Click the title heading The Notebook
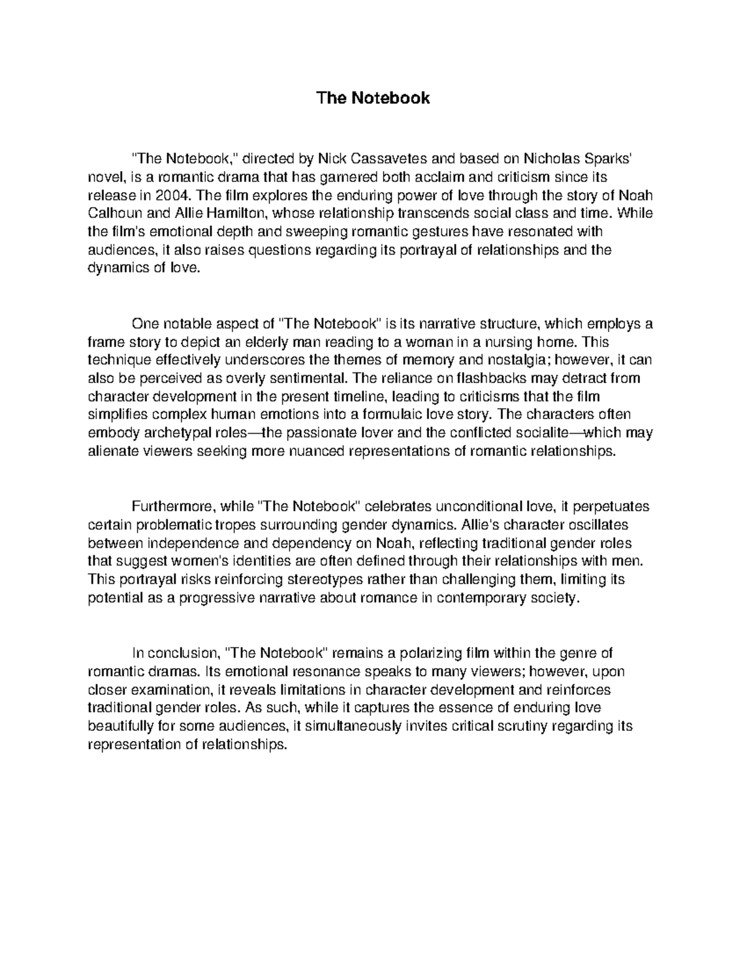(373, 98)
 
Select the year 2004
(171, 195)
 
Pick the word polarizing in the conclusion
(431, 653)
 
